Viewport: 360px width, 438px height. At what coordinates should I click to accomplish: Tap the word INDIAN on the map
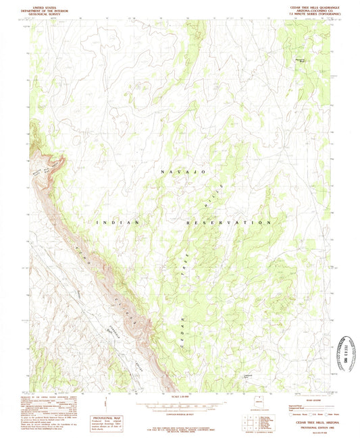[118, 221]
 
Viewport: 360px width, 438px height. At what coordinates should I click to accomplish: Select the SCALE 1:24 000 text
[180, 395]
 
